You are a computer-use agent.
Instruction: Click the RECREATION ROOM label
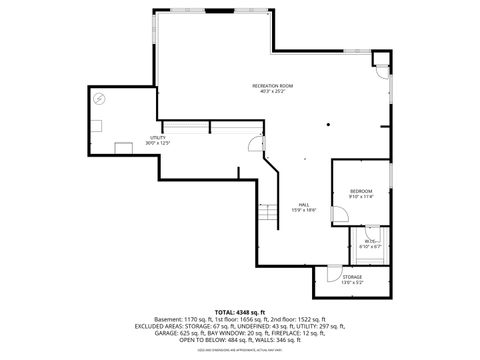coord(271,87)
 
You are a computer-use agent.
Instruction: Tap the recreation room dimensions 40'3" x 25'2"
coord(271,93)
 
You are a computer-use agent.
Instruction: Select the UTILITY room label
coord(157,137)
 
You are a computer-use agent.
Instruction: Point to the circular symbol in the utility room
coord(99,99)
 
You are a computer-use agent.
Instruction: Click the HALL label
coord(303,204)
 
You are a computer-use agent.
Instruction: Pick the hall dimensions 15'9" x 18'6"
coord(303,210)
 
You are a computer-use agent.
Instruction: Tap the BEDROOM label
coord(361,191)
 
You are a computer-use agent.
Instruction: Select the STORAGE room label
coord(353,277)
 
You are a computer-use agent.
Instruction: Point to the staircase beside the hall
coord(268,213)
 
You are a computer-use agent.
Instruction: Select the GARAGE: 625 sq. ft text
coord(179,332)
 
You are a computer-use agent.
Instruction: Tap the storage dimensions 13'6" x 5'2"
coord(353,283)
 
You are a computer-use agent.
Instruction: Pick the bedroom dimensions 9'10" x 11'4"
coord(361,197)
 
